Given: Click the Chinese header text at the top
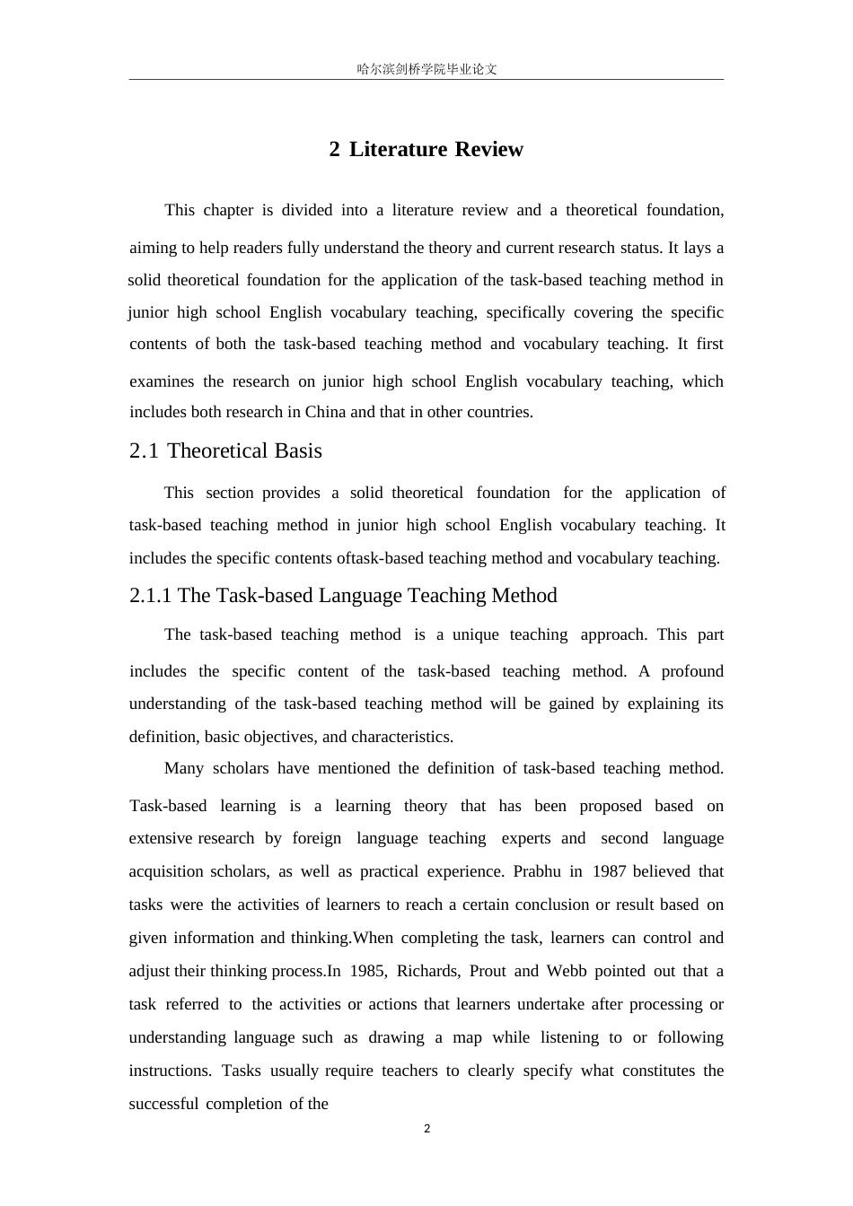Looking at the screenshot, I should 426,69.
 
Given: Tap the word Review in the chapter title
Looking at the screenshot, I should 488,149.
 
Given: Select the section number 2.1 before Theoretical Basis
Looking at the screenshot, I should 144,450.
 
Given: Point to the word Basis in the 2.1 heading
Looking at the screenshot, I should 297,450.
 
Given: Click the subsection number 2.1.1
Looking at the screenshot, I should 151,596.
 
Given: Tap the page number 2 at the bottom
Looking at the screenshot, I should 426,1129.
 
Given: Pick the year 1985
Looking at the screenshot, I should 368,971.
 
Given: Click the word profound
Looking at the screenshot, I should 692,671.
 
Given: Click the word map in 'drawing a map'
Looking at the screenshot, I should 466,1037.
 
